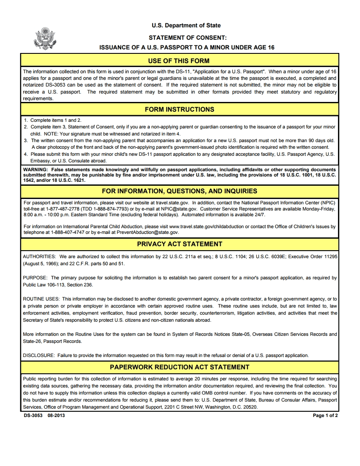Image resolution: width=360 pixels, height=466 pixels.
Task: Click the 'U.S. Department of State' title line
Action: tap(186, 26)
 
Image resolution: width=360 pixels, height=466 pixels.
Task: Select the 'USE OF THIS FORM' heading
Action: tap(179, 61)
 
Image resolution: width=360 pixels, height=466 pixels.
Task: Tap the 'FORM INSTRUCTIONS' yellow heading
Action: tap(180, 109)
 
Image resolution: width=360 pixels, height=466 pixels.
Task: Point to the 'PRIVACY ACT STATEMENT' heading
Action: tap(180, 244)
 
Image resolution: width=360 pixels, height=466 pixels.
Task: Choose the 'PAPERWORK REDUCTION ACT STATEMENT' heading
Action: tap(180, 367)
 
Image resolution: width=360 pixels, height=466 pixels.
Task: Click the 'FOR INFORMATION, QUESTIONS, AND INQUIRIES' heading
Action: tap(180, 191)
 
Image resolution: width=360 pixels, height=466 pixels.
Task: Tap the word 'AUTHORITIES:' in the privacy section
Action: tap(39, 256)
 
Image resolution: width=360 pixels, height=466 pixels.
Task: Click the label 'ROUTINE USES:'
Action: tap(41, 299)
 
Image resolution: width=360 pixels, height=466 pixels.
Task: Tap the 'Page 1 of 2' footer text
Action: tap(325, 416)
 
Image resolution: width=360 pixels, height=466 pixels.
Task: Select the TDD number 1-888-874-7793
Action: tap(106, 209)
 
